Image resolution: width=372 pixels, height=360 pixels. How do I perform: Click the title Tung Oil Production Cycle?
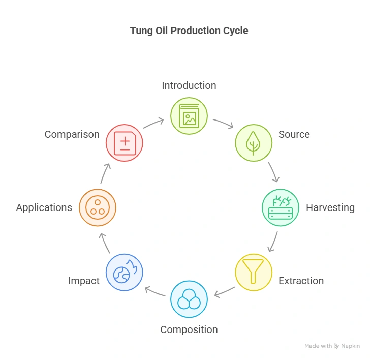[x=189, y=31]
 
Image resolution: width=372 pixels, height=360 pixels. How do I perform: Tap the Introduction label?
[x=189, y=85]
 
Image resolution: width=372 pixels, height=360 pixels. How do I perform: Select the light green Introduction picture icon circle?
[x=189, y=116]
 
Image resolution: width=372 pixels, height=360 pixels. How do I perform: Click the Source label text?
[x=294, y=135]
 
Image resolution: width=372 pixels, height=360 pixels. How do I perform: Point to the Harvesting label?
[x=330, y=207]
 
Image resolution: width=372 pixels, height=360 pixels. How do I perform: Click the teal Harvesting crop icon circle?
[x=281, y=207]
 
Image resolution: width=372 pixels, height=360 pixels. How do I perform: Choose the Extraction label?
[x=301, y=281]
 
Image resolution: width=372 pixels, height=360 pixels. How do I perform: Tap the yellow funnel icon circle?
[x=254, y=272]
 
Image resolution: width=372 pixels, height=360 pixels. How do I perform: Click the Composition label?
[x=189, y=329]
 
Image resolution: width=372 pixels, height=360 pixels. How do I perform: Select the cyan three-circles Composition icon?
[x=189, y=299]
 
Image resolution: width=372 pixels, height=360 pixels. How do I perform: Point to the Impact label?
[x=84, y=281]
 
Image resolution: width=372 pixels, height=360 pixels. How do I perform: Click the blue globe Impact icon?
[x=125, y=272]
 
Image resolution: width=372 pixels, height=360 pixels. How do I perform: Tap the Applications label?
[x=44, y=207]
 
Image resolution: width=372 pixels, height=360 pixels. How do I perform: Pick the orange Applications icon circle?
[x=98, y=207]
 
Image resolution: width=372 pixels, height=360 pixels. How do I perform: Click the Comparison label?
[x=72, y=135]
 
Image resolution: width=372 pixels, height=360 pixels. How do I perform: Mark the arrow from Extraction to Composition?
[x=224, y=292]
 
